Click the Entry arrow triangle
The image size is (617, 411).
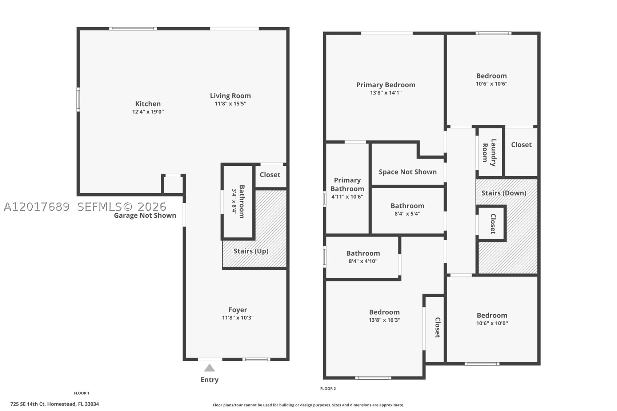[209, 368]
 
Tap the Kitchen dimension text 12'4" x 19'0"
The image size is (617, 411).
[148, 112]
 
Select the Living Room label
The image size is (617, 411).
[230, 96]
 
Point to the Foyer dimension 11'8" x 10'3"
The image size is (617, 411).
[238, 318]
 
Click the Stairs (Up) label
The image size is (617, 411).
[251, 251]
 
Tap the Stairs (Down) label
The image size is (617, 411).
[504, 193]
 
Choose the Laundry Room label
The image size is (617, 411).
[489, 153]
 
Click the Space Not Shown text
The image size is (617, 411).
[408, 172]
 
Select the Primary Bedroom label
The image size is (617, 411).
[386, 85]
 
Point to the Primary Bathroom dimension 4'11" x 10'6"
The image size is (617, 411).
[347, 197]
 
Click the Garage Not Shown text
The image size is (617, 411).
[145, 215]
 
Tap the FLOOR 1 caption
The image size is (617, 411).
[81, 393]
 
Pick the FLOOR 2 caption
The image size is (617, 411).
[328, 389]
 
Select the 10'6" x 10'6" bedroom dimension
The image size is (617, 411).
[492, 84]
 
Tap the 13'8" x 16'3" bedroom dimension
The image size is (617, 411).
[385, 320]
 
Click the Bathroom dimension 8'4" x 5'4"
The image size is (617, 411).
[407, 214]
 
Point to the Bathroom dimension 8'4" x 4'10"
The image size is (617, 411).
[363, 261]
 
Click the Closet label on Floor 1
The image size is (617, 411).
[270, 175]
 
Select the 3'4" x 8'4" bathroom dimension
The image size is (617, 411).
[234, 202]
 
